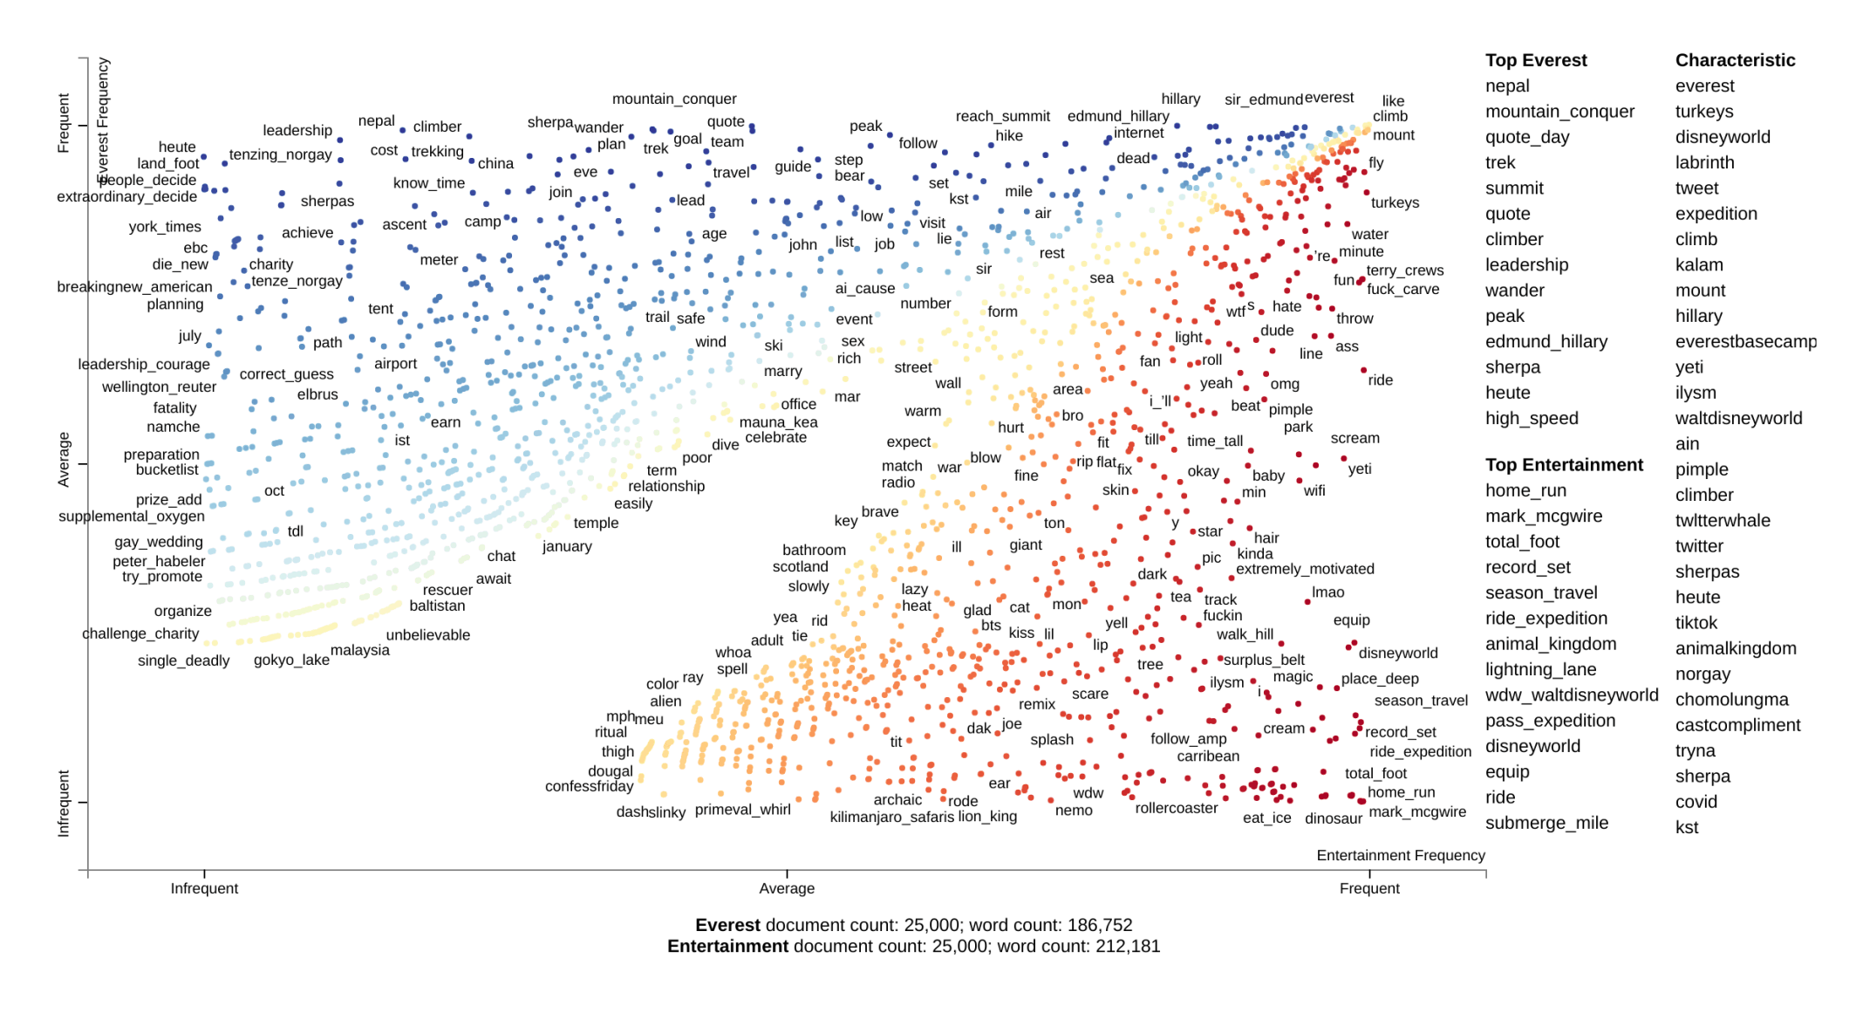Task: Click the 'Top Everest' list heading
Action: [1535, 60]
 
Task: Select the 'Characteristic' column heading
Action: [1735, 60]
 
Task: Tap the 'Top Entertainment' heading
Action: [1564, 465]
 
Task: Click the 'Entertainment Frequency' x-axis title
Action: [1400, 855]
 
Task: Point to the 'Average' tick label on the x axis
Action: [786, 888]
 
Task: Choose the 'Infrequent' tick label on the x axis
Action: [204, 888]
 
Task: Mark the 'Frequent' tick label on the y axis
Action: [63, 123]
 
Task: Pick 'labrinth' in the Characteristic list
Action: [1704, 162]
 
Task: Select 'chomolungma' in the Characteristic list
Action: [1731, 700]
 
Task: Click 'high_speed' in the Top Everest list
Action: [1531, 418]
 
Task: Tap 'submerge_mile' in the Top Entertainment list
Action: [1546, 823]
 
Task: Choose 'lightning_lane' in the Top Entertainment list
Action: [1540, 669]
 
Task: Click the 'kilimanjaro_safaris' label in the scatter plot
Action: [891, 817]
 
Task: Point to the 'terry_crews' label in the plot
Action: [1404, 270]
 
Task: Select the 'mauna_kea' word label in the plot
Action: [778, 422]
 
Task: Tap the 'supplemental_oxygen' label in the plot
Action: [131, 517]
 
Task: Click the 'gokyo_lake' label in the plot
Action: [291, 660]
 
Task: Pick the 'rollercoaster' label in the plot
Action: [1176, 808]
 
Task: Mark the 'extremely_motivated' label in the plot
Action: [1305, 569]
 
